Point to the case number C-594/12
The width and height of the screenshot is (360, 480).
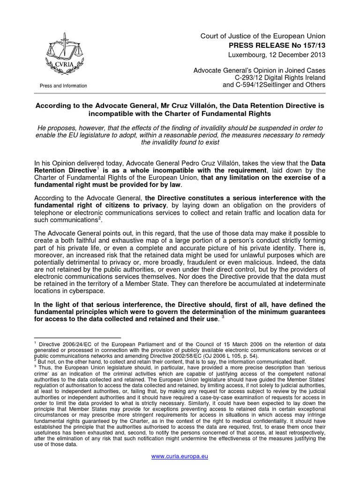(252, 85)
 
